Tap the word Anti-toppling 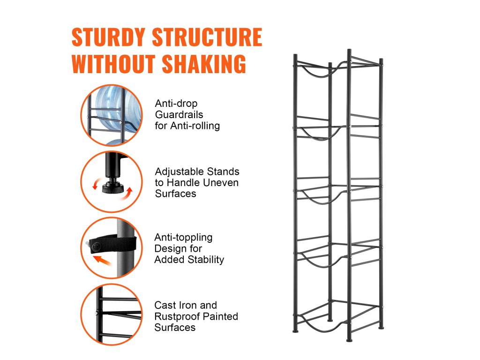[x=183, y=237]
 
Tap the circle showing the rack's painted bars [x=112, y=314]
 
